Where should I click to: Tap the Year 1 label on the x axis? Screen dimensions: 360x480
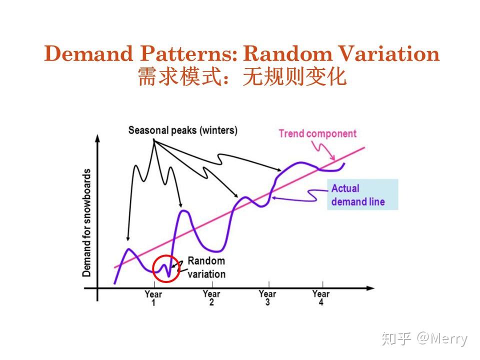[153, 298]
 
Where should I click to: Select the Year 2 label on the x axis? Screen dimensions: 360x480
[211, 298]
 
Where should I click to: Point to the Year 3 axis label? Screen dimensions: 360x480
[267, 298]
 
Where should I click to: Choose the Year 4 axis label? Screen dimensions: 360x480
[320, 298]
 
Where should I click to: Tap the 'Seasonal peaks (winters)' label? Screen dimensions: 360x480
[182, 130]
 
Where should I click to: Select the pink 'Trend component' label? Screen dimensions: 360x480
[317, 133]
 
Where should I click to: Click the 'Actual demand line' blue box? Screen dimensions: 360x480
[362, 194]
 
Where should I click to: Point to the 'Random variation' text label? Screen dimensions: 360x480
[206, 267]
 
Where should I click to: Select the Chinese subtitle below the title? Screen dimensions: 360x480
[242, 77]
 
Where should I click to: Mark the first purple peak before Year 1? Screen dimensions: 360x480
[128, 249]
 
